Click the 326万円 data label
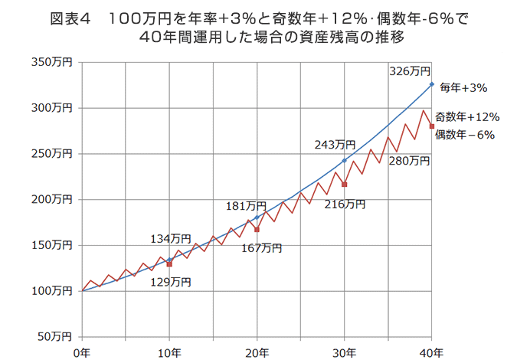[x=410, y=71]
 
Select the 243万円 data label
[x=335, y=144]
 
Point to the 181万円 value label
[x=246, y=206]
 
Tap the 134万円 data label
[x=169, y=240]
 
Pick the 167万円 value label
[x=261, y=247]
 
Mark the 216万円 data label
[x=345, y=204]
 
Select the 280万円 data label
[x=410, y=161]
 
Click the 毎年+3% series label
[x=464, y=88]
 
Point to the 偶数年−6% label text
[x=464, y=134]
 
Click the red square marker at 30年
[x=345, y=185]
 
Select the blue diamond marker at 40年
[x=432, y=84]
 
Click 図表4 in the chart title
[x=70, y=18]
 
